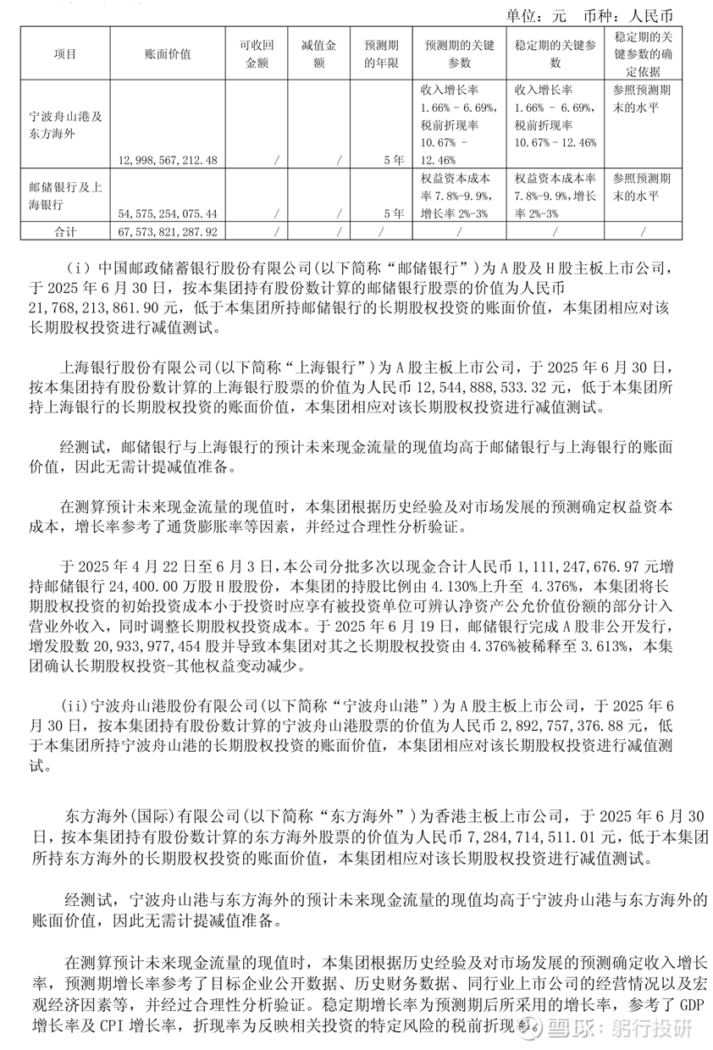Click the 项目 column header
click(x=64, y=54)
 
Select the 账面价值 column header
click(x=169, y=54)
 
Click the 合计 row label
click(x=64, y=230)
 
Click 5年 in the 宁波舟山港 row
click(x=390, y=160)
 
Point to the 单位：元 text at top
click(x=535, y=16)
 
